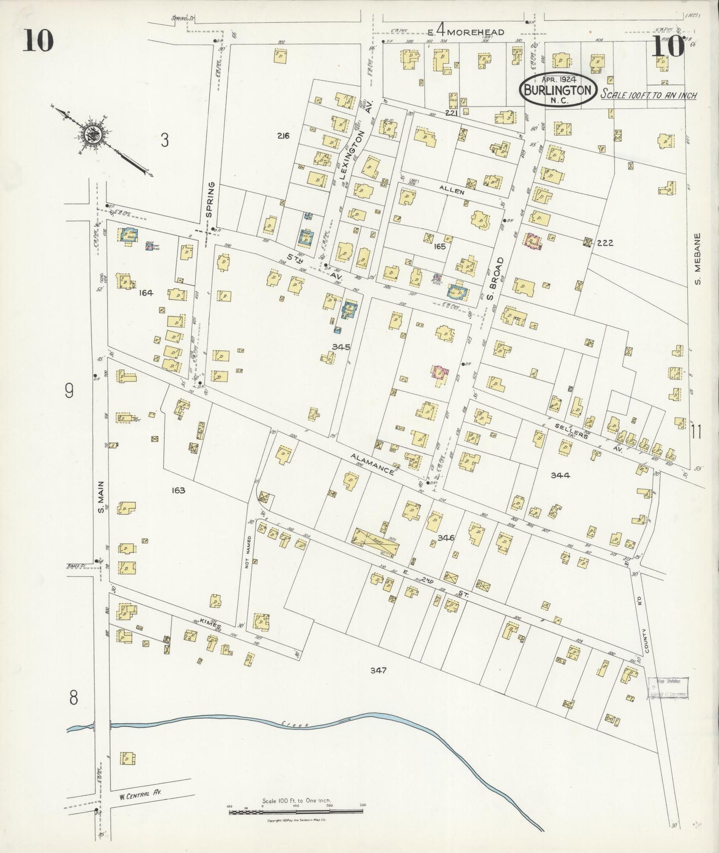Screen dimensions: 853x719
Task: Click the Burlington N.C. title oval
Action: tap(557, 90)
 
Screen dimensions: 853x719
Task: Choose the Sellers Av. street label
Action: tap(590, 431)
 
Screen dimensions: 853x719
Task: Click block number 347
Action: tap(378, 670)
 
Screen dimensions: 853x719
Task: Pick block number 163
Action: tap(178, 490)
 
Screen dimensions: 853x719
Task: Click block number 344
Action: tap(560, 475)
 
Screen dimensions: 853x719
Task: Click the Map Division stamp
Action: tap(667, 688)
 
